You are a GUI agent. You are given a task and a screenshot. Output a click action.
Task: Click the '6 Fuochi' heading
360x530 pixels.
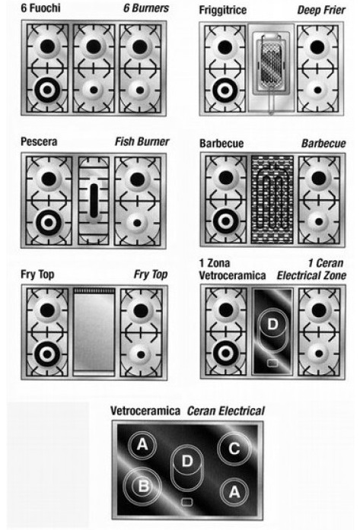click(40, 8)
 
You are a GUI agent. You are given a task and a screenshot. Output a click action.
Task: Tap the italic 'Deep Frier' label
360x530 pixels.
click(321, 10)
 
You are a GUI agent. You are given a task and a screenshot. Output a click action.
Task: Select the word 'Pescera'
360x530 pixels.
click(39, 141)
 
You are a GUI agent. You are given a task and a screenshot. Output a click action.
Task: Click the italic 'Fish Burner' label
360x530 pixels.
click(142, 141)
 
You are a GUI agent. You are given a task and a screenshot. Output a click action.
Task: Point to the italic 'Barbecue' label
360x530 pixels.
click(323, 143)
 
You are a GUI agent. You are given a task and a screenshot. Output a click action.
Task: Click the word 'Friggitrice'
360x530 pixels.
click(223, 10)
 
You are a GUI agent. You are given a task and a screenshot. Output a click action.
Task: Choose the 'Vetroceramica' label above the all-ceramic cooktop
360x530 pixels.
click(145, 411)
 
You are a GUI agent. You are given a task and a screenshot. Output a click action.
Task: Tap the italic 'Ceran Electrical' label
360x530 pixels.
click(226, 411)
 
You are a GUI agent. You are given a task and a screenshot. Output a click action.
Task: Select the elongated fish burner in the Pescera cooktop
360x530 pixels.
click(94, 201)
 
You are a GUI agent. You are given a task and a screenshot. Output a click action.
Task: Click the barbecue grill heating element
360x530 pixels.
click(272, 199)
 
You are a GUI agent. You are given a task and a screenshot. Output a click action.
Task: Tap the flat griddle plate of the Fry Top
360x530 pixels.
click(94, 332)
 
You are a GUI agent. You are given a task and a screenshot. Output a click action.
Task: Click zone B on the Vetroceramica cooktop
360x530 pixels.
click(142, 486)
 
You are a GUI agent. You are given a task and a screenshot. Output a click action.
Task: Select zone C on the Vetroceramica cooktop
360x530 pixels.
click(234, 448)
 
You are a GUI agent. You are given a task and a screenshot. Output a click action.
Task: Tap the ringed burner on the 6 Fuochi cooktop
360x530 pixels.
click(47, 90)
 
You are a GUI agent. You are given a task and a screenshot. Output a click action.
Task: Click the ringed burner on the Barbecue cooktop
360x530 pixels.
click(226, 221)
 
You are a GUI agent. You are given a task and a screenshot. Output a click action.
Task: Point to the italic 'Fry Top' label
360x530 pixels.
click(151, 275)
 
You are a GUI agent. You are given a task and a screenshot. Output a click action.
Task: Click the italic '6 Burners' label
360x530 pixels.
click(146, 8)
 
